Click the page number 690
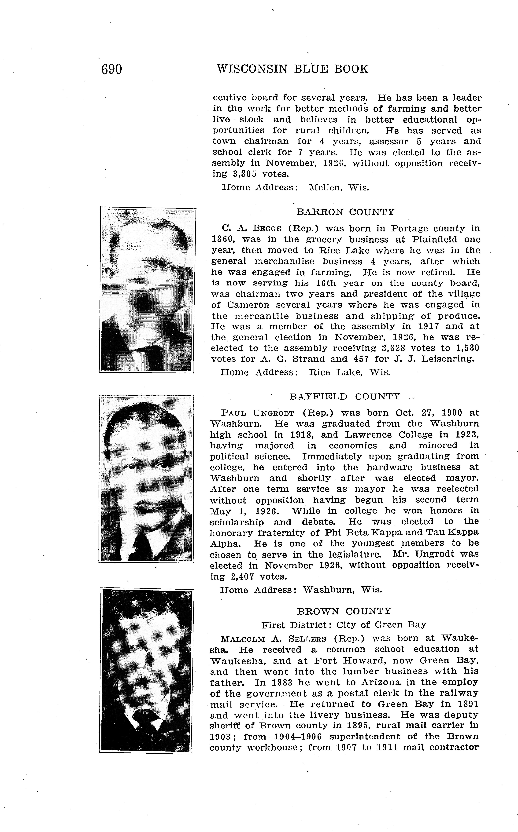point(112,69)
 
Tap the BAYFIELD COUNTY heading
point(345,397)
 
